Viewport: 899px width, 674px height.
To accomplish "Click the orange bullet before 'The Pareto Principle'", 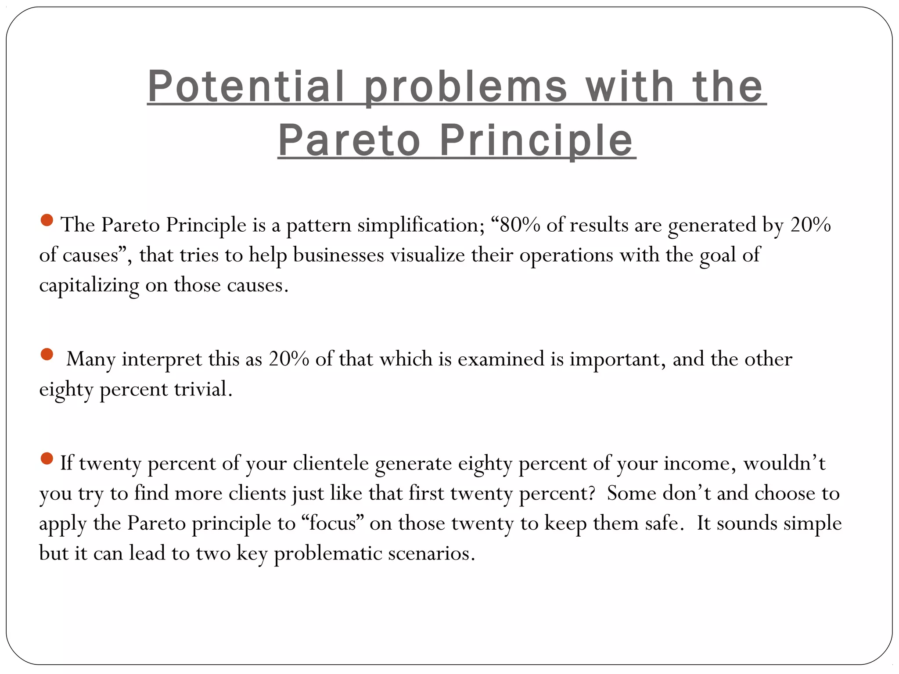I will click(x=47, y=220).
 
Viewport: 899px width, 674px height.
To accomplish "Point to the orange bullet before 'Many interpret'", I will click(x=47, y=354).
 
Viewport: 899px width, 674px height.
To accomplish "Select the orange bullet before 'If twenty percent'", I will click(x=47, y=459).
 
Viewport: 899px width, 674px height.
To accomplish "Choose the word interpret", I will click(x=162, y=359).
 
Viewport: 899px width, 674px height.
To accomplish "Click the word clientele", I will click(x=331, y=463).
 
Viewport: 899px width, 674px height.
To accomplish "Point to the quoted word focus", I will click(x=332, y=523).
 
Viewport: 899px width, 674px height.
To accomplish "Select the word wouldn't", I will click(x=784, y=463).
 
